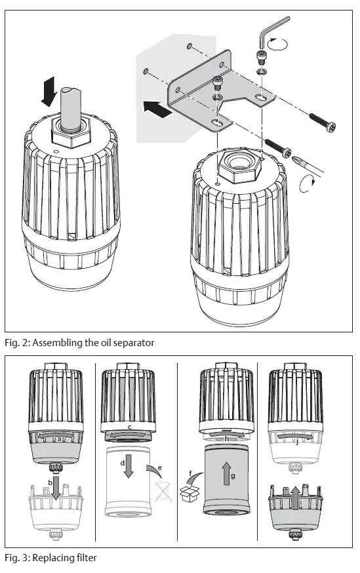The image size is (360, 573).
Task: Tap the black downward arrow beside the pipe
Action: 49,89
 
